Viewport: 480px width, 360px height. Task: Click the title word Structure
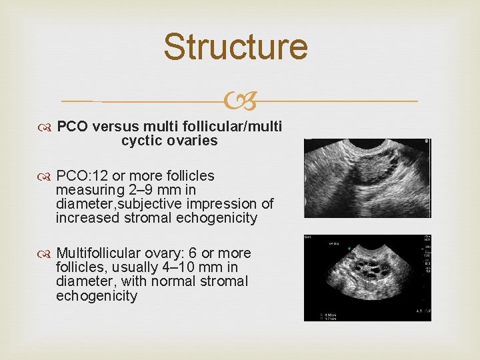pyautogui.click(x=235, y=47)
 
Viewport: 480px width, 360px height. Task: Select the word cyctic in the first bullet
pyautogui.click(x=141, y=141)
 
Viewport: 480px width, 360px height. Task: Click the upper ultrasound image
pyautogui.click(x=367, y=178)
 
